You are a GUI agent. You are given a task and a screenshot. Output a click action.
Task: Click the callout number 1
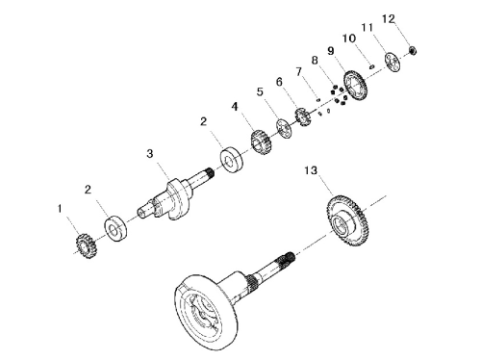pos(60,209)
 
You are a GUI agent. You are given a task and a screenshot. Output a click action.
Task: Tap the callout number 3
pos(150,154)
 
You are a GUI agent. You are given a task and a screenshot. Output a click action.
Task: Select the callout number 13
pos(311,170)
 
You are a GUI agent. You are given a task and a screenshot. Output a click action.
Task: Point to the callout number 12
pos(389,19)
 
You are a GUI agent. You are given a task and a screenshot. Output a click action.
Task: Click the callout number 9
pos(331,51)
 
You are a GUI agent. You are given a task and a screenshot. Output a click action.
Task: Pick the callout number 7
pos(299,71)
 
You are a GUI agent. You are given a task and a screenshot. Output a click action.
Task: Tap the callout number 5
pos(260,92)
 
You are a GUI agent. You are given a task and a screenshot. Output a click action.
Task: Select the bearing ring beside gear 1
pos(115,228)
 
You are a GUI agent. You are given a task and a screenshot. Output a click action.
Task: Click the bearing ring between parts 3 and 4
pos(231,160)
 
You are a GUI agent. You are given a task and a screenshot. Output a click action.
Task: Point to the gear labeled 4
pos(262,142)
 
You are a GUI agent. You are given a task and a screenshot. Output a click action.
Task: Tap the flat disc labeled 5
pos(284,128)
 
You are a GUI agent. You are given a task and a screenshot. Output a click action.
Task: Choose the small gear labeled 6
pos(302,117)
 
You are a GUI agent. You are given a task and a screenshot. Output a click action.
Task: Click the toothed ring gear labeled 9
pos(355,85)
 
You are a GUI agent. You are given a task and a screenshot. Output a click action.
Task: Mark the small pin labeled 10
pos(371,66)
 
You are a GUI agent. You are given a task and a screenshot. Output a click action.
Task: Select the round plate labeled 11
pos(392,62)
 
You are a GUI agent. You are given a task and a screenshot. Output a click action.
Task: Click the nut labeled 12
pos(413,50)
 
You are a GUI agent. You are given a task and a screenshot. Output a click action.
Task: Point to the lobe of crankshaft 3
pos(176,199)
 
